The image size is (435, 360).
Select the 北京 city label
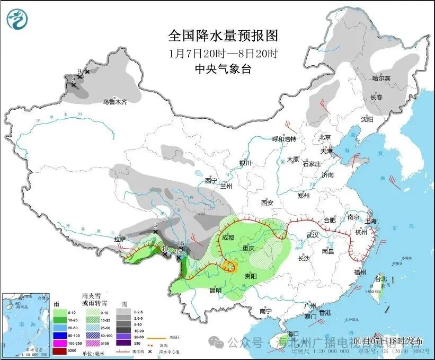pos(325,137)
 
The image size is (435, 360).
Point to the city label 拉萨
pos(120,239)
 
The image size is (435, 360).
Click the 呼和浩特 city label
pos(283,139)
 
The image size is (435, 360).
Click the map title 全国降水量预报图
pos(223,36)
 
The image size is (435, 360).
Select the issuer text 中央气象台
pos(223,68)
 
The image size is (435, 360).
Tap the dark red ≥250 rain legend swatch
pos(59,350)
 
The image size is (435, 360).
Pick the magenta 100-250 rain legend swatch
pos(59,343)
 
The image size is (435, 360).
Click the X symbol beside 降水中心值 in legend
pos(150,351)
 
